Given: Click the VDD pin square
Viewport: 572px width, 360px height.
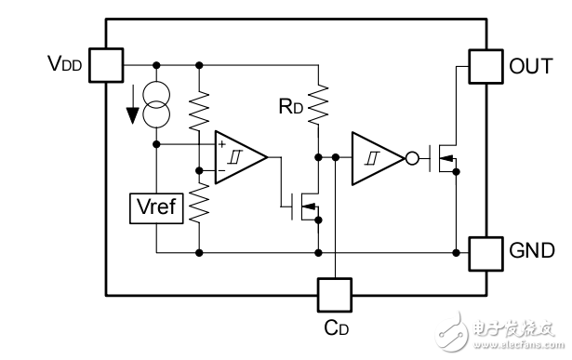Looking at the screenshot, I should [107, 65].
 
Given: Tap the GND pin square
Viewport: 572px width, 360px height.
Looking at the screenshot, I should [486, 252].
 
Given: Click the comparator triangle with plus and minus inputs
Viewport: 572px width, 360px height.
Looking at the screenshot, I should [238, 156].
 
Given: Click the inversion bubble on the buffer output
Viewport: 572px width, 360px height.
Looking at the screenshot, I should [410, 157].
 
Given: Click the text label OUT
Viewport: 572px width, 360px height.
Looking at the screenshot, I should [532, 66].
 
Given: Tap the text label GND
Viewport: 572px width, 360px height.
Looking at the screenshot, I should [533, 252].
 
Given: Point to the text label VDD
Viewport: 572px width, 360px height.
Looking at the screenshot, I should [66, 65].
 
